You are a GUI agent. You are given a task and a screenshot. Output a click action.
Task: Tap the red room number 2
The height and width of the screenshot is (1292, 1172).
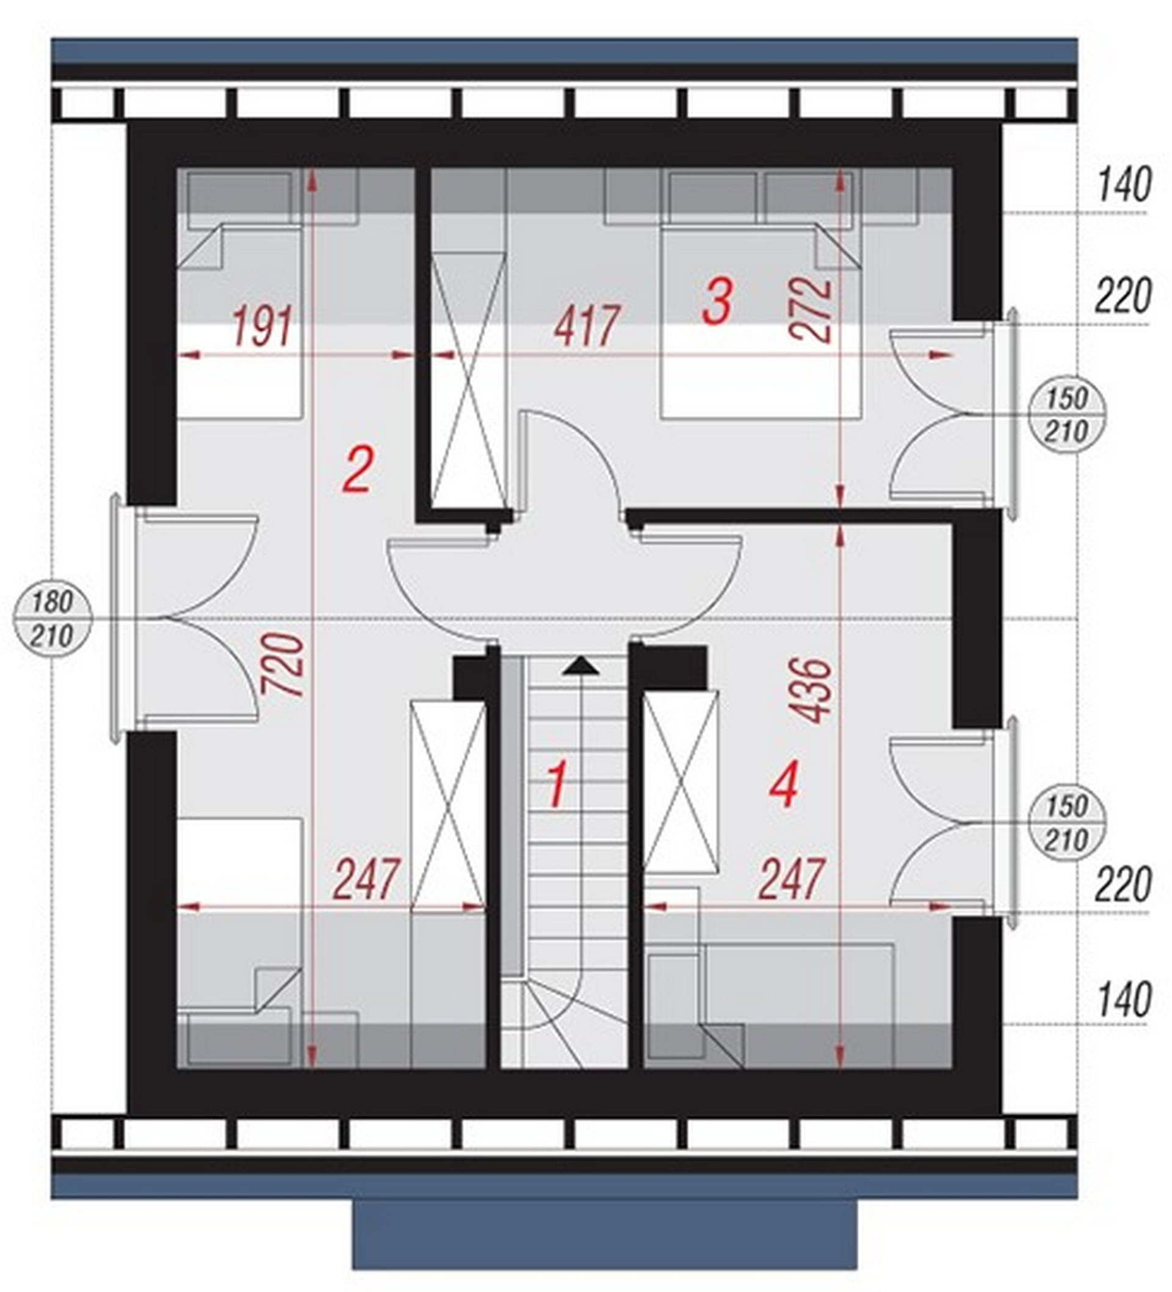point(357,469)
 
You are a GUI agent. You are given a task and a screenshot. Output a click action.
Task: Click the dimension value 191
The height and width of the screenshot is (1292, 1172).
point(262,325)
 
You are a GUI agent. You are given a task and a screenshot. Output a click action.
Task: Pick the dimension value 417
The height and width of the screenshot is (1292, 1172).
point(587,325)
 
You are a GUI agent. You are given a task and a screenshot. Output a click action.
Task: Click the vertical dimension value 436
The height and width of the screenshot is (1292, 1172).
point(811,690)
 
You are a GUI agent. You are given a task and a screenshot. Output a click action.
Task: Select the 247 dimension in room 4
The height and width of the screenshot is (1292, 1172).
point(791,879)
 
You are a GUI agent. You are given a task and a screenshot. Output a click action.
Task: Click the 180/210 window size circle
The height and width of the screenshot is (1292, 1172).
point(52,619)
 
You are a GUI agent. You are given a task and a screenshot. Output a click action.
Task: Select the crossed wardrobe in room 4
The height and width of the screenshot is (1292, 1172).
point(680,782)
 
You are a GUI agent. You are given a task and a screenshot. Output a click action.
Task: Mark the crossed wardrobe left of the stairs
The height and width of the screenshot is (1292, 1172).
point(448,805)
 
